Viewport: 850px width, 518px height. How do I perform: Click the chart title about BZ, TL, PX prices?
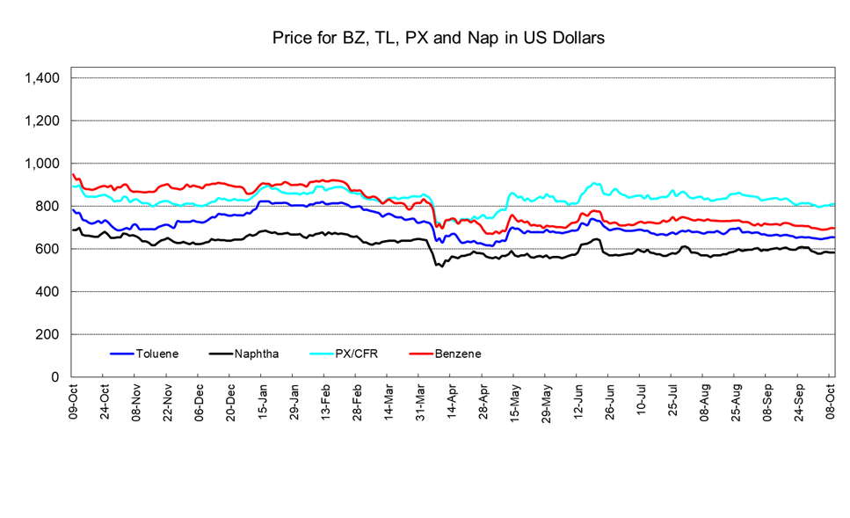coord(437,39)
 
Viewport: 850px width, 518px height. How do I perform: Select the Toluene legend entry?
coord(156,354)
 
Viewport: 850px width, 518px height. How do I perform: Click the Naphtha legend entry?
coord(258,354)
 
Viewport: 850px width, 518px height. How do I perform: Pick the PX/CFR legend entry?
coord(358,354)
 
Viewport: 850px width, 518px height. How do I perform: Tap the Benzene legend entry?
coord(457,354)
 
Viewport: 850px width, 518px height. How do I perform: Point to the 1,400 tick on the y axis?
coord(41,78)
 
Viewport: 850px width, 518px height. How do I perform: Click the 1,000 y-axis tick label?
coord(41,164)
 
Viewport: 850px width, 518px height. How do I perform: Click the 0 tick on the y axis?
coord(55,377)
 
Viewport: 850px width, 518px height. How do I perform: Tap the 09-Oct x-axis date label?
coord(74,401)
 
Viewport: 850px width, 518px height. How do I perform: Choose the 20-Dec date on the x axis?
coord(230,401)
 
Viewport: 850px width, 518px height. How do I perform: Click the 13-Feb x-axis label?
coord(325,401)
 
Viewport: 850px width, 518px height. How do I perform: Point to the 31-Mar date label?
coord(419,401)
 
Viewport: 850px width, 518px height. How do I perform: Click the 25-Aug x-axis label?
coord(736,401)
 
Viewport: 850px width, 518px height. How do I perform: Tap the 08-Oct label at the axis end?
coord(831,401)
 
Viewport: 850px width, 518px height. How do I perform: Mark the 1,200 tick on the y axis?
coord(41,120)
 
